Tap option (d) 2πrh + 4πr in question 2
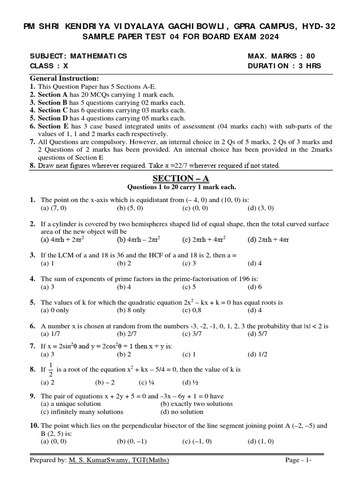pos(268,240)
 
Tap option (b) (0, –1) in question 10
pos(130,441)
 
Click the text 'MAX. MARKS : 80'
pos(281,56)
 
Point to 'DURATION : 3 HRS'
pos(284,66)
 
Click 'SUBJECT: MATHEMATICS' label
pos(78,56)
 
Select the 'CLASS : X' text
pos(49,66)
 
